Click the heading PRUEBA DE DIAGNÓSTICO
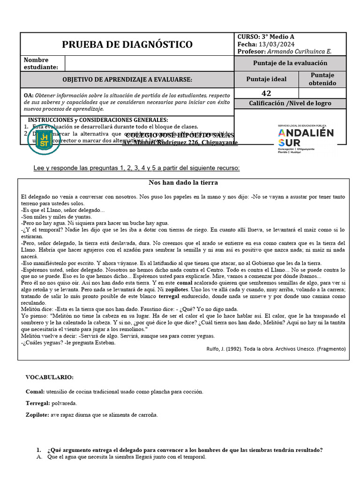(127, 45)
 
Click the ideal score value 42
(266, 93)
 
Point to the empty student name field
(149, 63)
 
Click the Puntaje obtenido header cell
(322, 79)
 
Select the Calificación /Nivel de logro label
(290, 103)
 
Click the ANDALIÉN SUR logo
(306, 139)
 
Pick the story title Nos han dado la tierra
(183, 183)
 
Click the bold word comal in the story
(184, 283)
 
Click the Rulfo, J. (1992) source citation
(276, 349)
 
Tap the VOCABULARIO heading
(49, 377)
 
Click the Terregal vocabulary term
(37, 403)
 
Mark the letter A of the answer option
(39, 457)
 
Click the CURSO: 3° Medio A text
(266, 37)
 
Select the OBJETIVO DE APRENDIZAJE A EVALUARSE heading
(127, 80)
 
